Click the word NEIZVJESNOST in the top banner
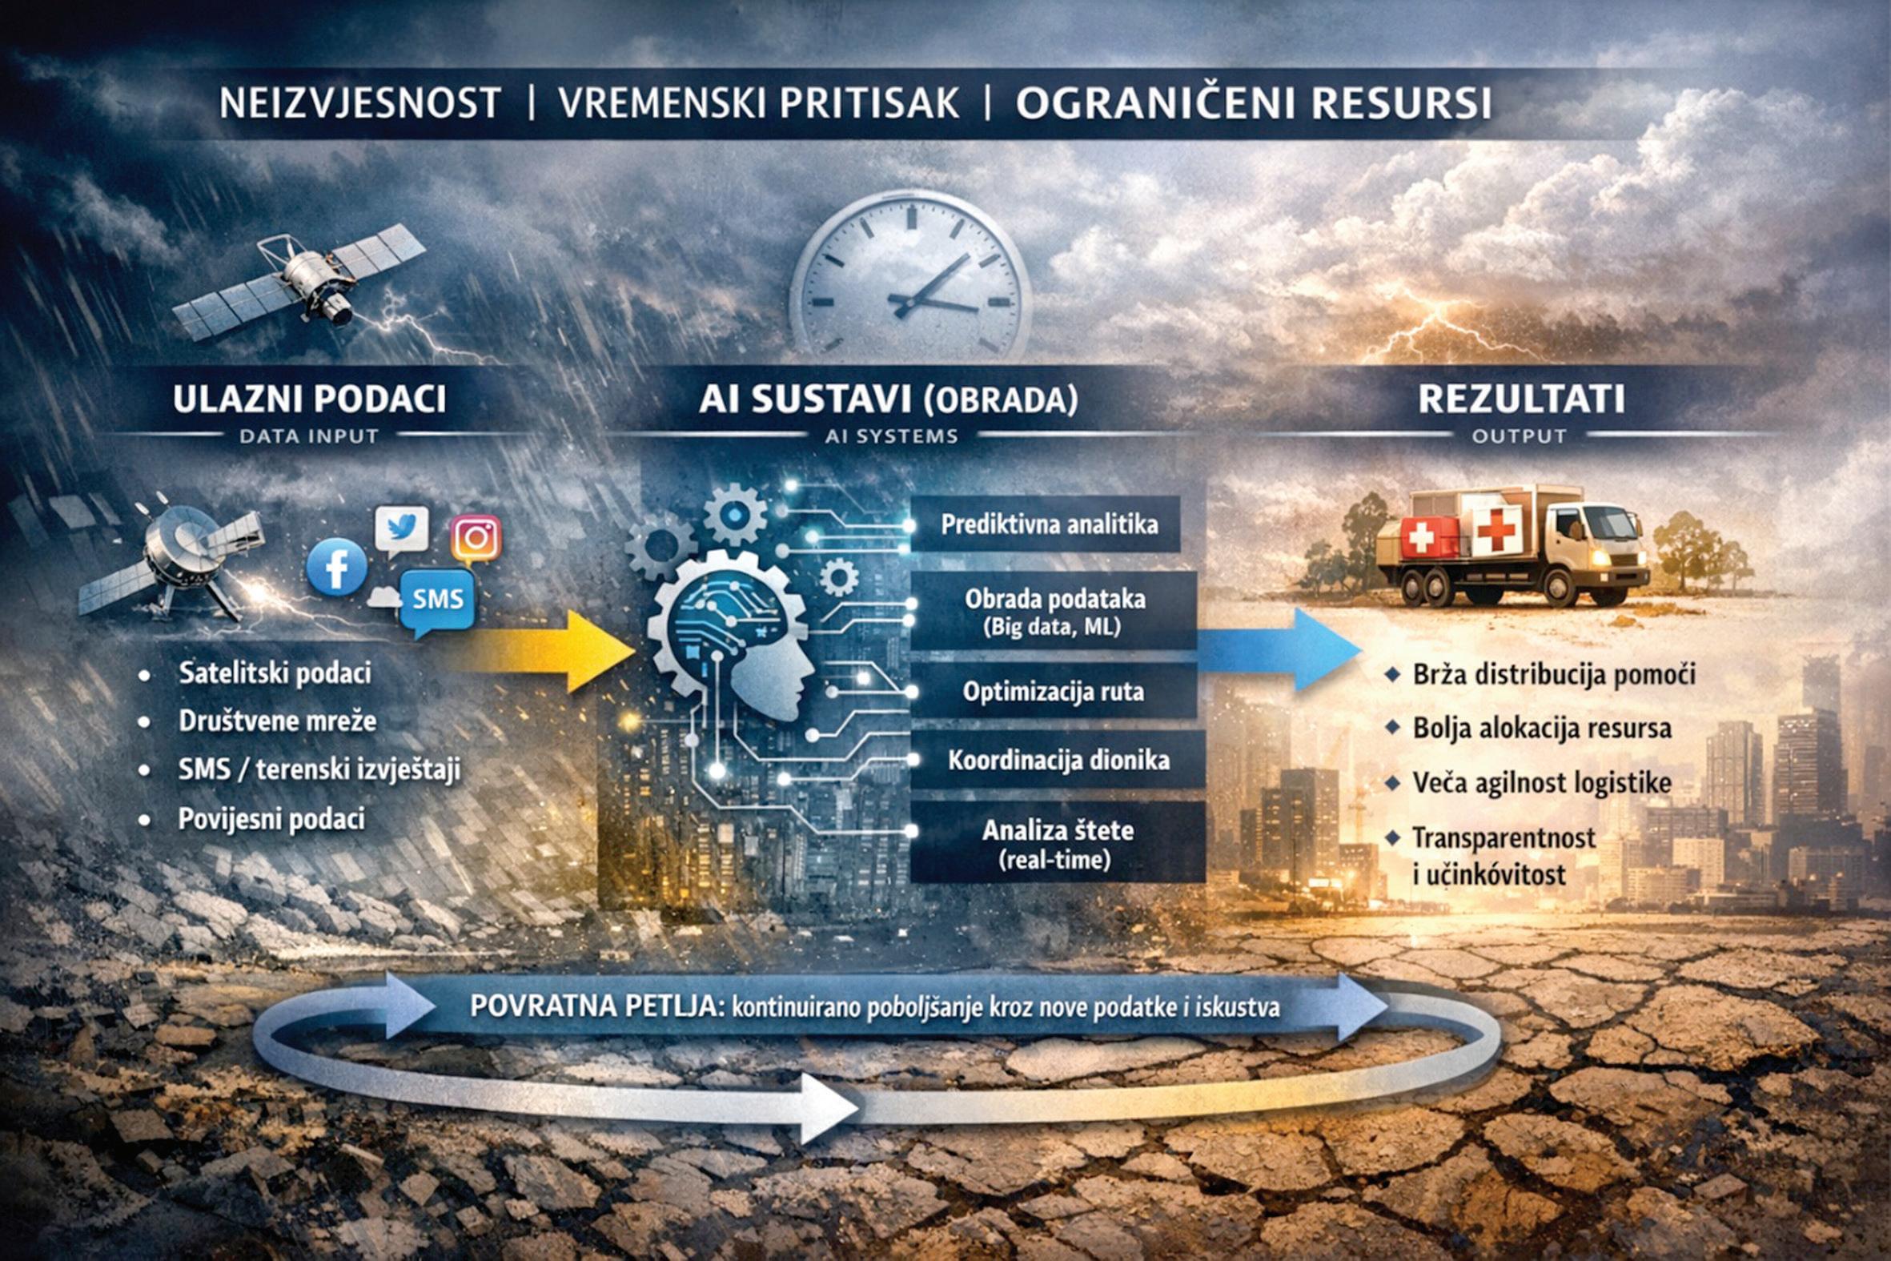360,104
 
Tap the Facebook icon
337,567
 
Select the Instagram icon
476,538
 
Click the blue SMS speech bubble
437,599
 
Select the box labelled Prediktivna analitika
1050,524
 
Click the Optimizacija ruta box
1054,691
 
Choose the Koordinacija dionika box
1058,760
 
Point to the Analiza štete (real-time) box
1058,844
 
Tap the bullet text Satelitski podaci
274,673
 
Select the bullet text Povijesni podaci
271,819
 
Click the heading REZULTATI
1521,400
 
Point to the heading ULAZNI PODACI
309,400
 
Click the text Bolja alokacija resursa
1541,729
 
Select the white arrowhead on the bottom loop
828,1108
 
